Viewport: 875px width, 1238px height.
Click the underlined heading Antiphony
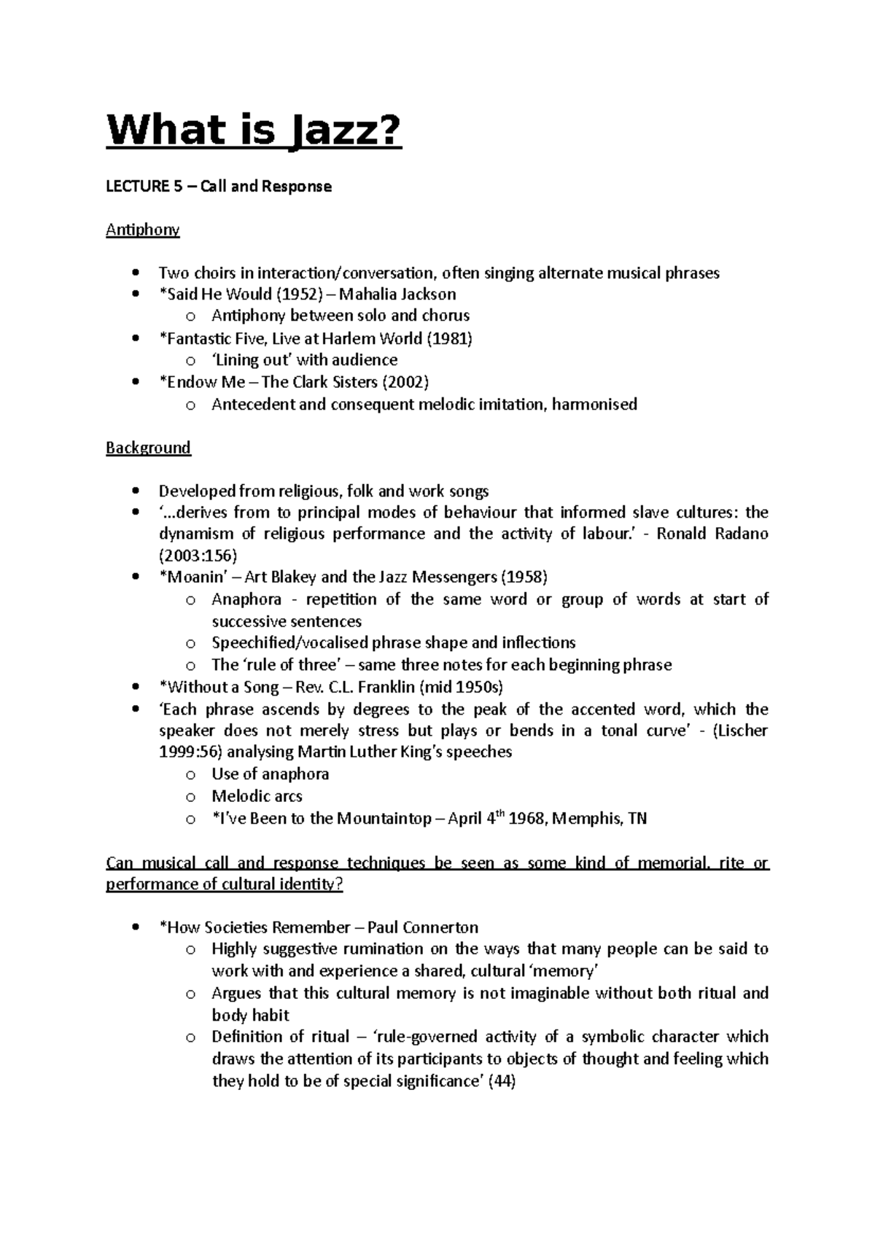coord(142,230)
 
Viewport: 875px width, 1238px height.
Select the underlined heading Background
coord(148,448)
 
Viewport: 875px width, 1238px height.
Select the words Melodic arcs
coord(257,796)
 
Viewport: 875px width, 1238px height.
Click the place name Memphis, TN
coord(599,819)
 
